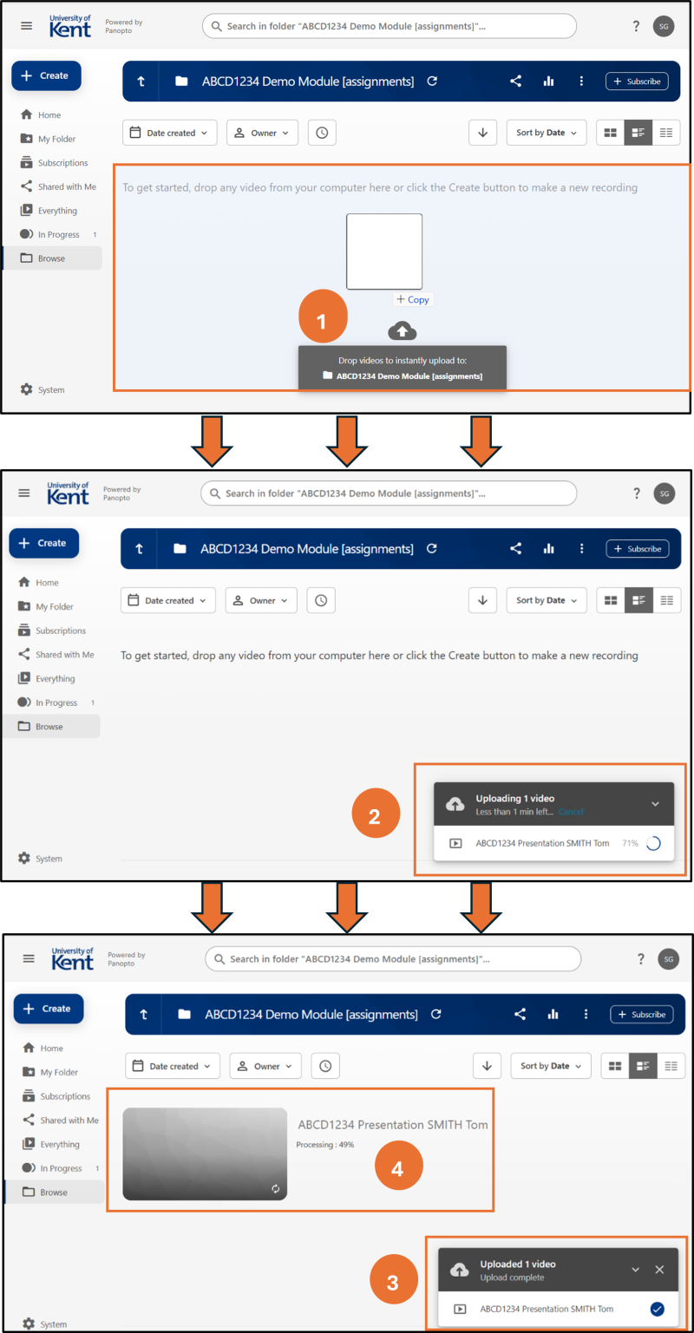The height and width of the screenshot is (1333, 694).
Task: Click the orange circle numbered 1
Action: [323, 316]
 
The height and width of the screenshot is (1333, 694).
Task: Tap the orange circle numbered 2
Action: [376, 813]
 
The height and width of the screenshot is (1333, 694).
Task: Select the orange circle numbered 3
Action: [394, 1279]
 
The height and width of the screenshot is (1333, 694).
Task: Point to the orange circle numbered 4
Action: [398, 1165]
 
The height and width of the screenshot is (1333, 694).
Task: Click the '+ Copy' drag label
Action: [413, 299]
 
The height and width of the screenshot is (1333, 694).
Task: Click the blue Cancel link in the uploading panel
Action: [571, 812]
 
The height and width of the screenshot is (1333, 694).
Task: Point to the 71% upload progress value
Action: [630, 843]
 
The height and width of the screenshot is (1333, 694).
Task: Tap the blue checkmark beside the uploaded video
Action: [657, 1309]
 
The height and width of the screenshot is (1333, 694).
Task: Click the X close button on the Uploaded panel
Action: [659, 1270]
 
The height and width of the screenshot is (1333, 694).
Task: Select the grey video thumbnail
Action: [205, 1153]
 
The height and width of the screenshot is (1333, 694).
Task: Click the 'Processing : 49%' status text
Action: [325, 1144]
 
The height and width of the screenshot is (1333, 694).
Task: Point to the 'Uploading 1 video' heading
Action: [514, 798]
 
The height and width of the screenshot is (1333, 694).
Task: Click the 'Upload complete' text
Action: [512, 1277]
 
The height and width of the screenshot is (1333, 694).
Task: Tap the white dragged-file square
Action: [384, 252]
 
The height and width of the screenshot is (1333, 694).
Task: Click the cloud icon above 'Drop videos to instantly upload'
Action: [403, 330]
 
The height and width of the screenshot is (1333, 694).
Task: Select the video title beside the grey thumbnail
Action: [393, 1125]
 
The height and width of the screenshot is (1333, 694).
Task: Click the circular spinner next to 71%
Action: [653, 843]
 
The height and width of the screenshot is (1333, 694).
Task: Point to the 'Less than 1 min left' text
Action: [514, 812]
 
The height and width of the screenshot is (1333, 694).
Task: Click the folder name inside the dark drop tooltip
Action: [409, 376]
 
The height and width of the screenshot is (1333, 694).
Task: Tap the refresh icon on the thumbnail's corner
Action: [275, 1188]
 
